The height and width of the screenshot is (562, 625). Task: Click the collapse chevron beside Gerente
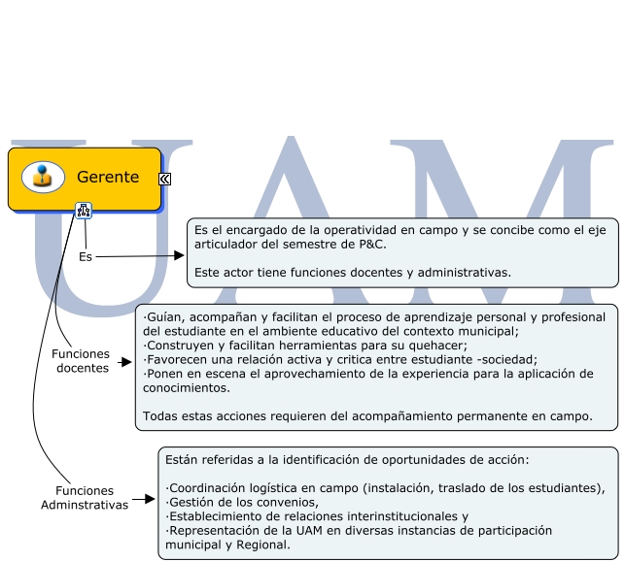165,179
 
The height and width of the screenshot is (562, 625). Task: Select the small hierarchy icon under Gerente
84,210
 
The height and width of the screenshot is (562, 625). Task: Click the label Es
85,257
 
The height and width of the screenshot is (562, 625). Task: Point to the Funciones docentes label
81,361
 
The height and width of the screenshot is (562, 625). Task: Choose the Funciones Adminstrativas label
85,498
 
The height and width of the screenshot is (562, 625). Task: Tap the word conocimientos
186,387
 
